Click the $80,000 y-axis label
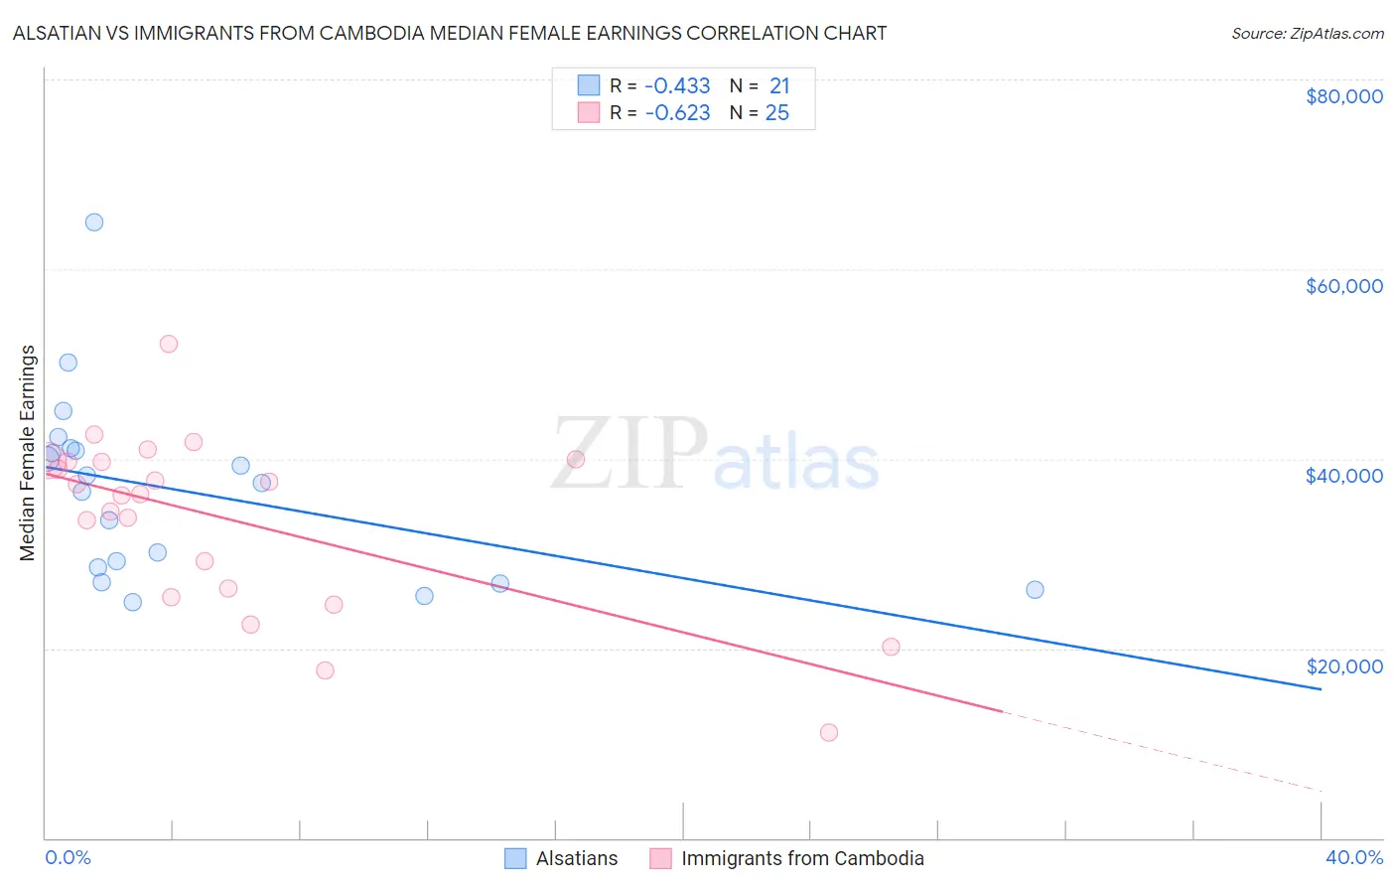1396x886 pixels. tap(1343, 96)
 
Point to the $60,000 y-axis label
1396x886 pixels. tap(1343, 286)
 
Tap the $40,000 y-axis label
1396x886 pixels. tap(1343, 476)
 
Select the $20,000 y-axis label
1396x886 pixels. tap(1343, 666)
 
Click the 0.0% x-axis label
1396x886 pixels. tap(68, 857)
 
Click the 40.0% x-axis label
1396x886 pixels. tap(1353, 857)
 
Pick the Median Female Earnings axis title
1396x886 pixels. tap(28, 453)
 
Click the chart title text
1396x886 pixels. tap(450, 33)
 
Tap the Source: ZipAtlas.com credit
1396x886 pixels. tap(1307, 33)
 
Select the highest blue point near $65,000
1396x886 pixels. tap(94, 222)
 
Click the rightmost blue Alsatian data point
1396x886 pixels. tap(1035, 590)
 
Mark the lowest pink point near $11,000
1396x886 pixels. tap(829, 733)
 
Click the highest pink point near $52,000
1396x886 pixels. tap(169, 345)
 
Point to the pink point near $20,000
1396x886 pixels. tap(891, 648)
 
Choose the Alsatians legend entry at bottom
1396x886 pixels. tap(561, 858)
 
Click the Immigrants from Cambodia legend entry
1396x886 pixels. tap(787, 858)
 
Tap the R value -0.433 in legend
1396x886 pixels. tap(677, 86)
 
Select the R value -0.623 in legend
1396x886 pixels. tap(677, 113)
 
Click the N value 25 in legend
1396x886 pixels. tap(776, 113)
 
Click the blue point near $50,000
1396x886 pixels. tap(69, 363)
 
